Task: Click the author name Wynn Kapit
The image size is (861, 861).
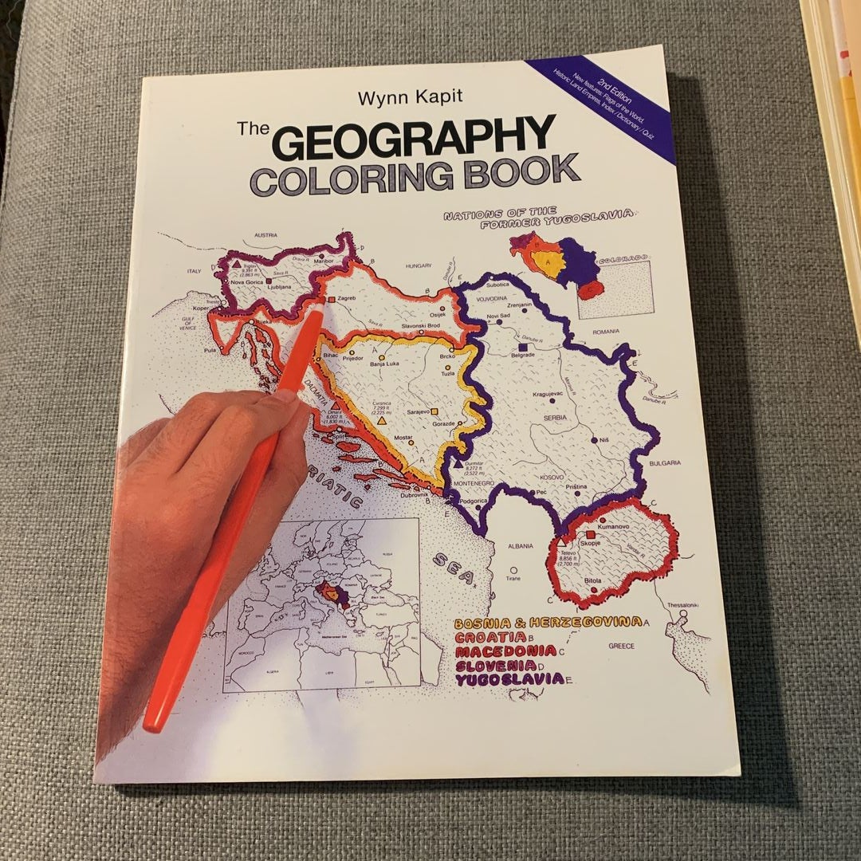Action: [404, 99]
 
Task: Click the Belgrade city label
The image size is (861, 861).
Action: [521, 356]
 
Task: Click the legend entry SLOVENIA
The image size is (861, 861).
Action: [494, 665]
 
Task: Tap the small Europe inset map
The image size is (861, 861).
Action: [323, 606]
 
